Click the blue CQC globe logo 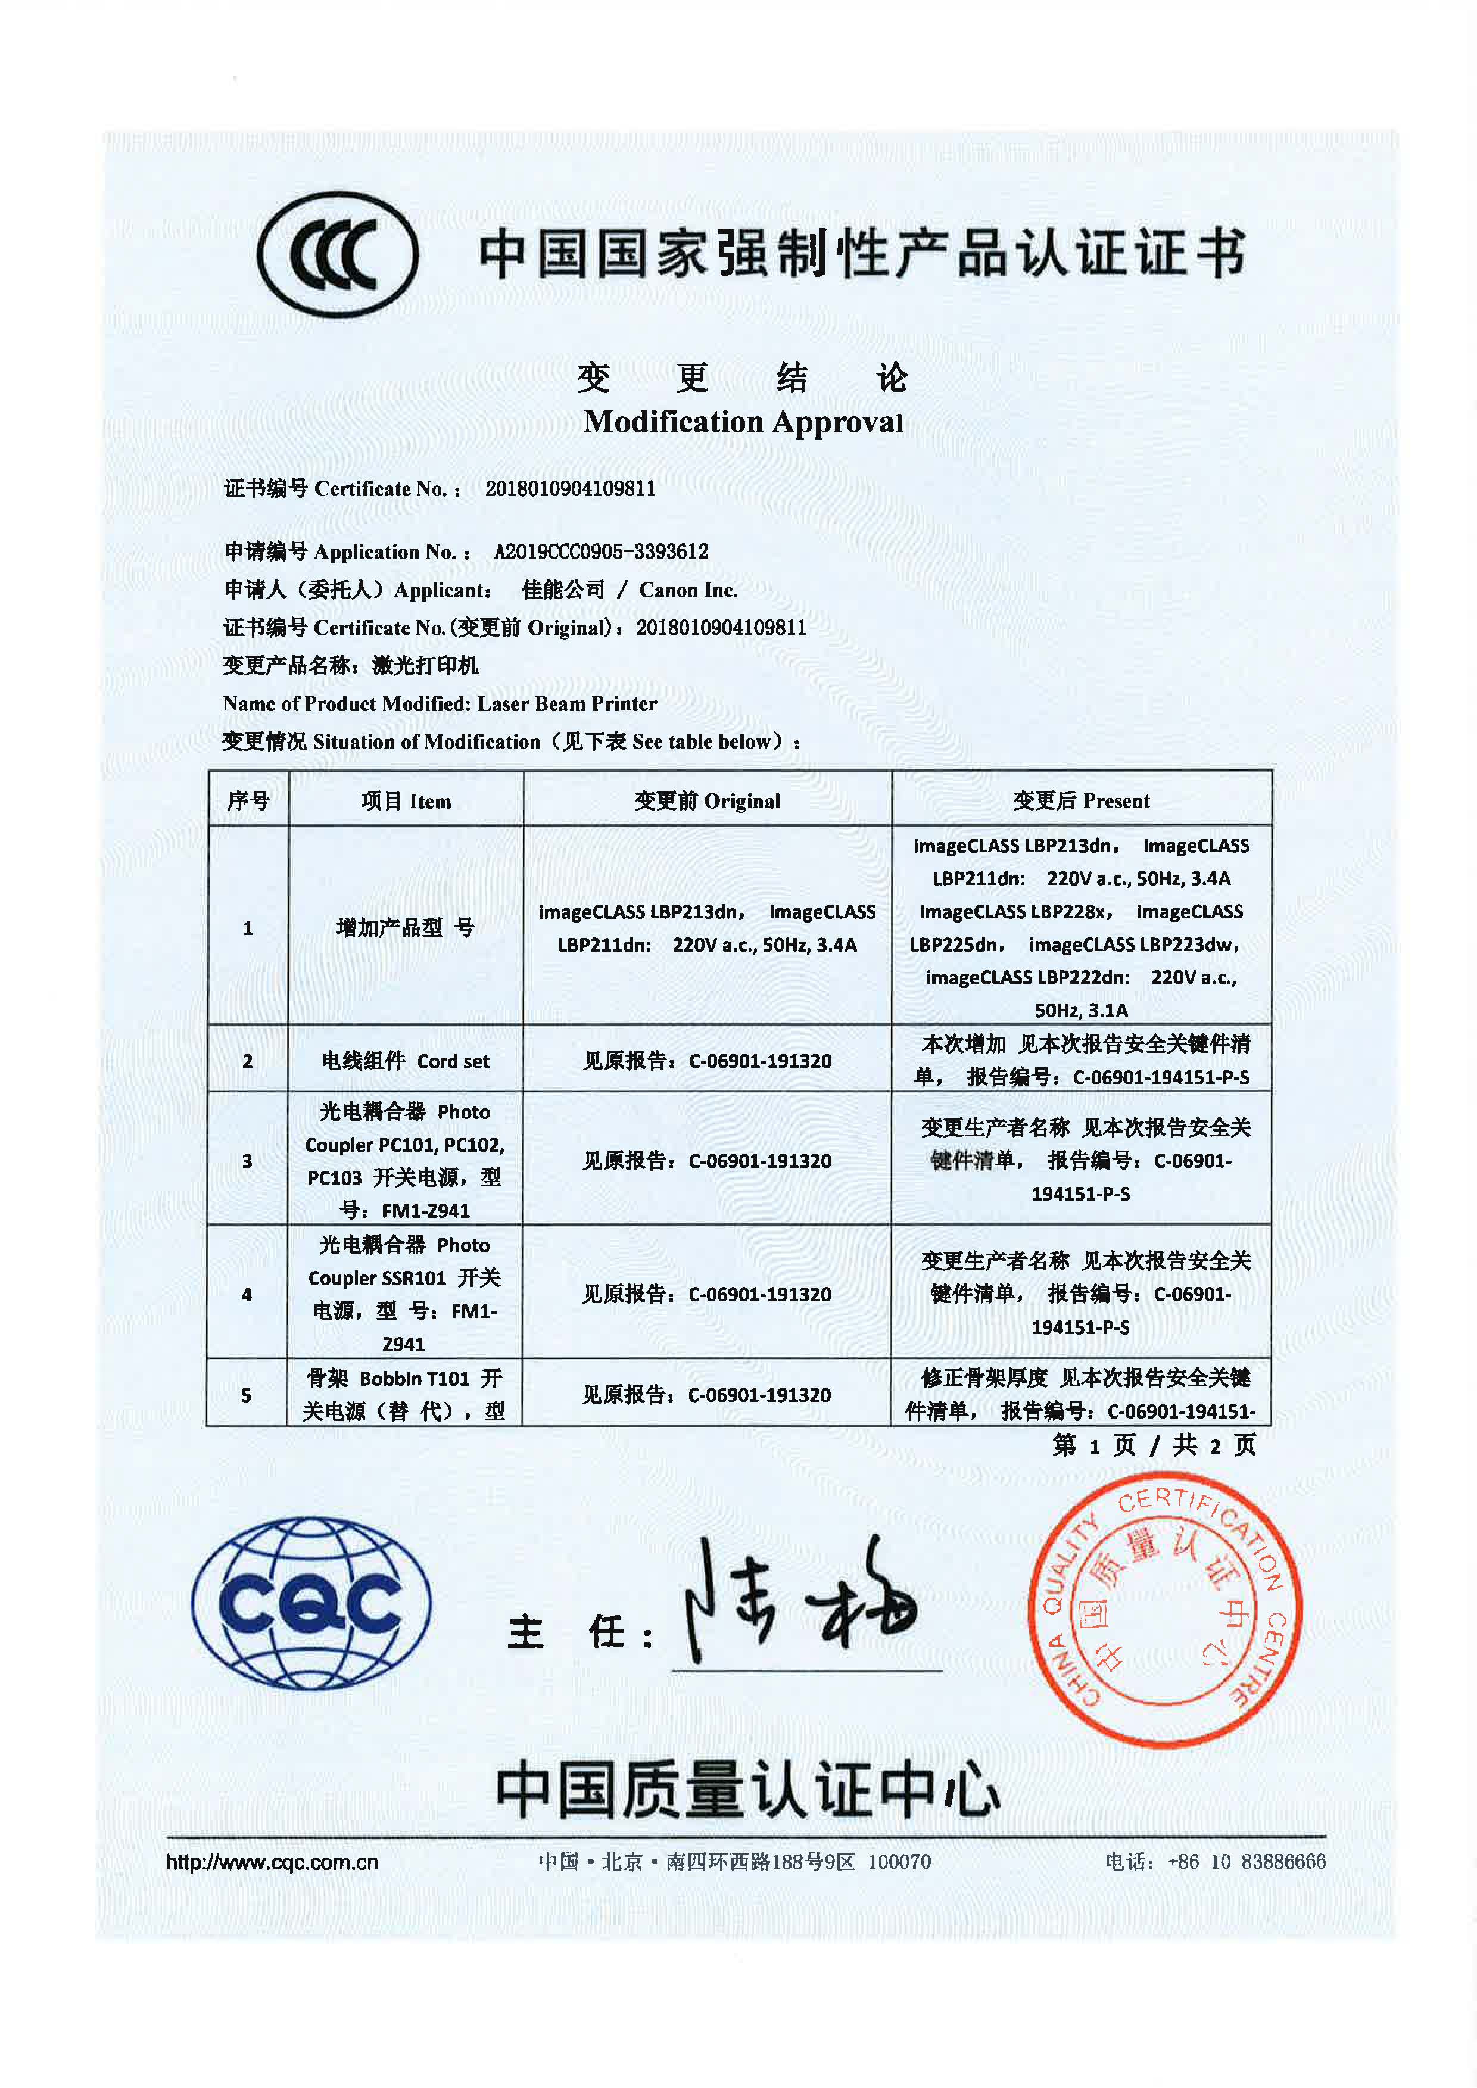pyautogui.click(x=311, y=1603)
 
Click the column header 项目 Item pyautogui.click(x=406, y=801)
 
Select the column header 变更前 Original pyautogui.click(x=707, y=801)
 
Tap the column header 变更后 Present pyautogui.click(x=1082, y=801)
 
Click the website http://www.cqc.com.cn pyautogui.click(x=272, y=1862)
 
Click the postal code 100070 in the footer pyautogui.click(x=899, y=1862)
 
